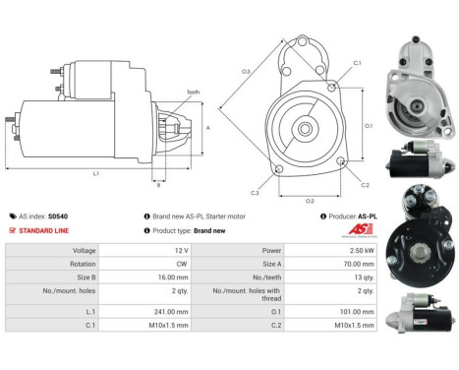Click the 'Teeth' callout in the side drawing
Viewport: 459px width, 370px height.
193,92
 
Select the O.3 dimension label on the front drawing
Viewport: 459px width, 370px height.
246,72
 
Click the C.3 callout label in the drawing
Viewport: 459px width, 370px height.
255,193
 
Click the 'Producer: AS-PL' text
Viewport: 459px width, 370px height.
353,216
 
